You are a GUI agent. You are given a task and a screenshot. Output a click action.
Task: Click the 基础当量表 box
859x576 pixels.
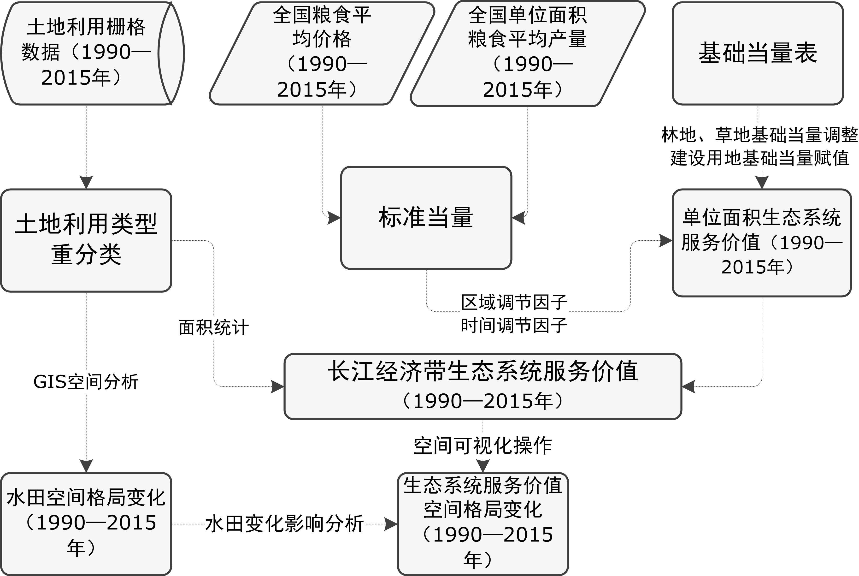(758, 53)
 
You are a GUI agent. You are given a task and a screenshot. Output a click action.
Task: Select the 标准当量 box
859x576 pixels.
(426, 218)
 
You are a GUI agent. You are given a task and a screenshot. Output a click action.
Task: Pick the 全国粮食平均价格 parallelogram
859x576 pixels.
(322, 53)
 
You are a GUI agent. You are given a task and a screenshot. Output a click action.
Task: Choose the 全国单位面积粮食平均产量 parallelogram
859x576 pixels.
(528, 54)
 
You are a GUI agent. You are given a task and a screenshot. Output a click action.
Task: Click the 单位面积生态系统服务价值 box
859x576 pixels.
(762, 243)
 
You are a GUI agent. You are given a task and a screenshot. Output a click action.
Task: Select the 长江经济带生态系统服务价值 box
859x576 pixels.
(483, 386)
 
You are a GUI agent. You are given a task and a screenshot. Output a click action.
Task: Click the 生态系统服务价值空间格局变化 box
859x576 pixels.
(483, 524)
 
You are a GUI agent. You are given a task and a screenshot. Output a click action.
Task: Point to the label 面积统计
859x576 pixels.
(214, 327)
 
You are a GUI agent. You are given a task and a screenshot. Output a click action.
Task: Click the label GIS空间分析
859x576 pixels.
(86, 382)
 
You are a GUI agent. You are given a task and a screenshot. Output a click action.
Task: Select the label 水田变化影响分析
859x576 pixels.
(284, 524)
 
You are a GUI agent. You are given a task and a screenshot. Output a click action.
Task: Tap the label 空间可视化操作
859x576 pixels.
(483, 445)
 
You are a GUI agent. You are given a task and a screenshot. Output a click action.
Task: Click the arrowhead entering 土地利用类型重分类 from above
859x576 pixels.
(86, 183)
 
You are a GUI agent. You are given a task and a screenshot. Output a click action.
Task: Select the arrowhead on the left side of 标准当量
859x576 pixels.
(335, 218)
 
